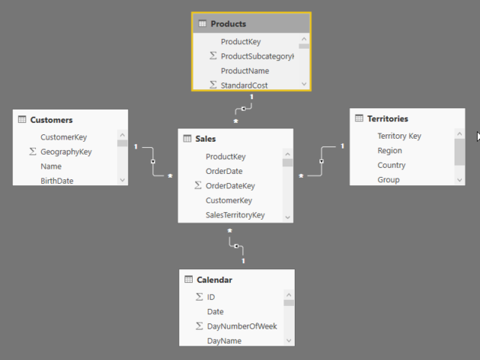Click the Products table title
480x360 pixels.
tap(228, 24)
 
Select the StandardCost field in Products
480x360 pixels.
tap(244, 85)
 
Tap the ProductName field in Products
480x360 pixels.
tap(244, 70)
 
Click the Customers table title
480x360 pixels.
tap(51, 120)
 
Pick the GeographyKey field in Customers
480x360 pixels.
tap(66, 151)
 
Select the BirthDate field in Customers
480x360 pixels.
tap(57, 181)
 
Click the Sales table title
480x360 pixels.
tap(205, 139)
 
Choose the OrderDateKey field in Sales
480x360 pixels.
tap(230, 186)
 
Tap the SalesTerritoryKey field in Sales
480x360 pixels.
tap(235, 215)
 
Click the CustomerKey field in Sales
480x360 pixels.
tap(229, 200)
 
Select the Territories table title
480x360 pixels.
tap(388, 118)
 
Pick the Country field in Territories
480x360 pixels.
tap(391, 165)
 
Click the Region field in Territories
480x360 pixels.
tap(389, 151)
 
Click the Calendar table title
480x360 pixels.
tap(214, 280)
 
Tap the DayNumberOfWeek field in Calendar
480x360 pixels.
tap(242, 326)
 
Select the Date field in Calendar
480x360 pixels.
tap(215, 311)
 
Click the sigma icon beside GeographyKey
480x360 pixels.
tap(32, 151)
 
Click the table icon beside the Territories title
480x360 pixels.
tap(359, 118)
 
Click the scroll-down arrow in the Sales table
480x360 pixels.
tap(288, 217)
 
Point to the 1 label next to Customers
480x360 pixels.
tap(136, 146)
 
